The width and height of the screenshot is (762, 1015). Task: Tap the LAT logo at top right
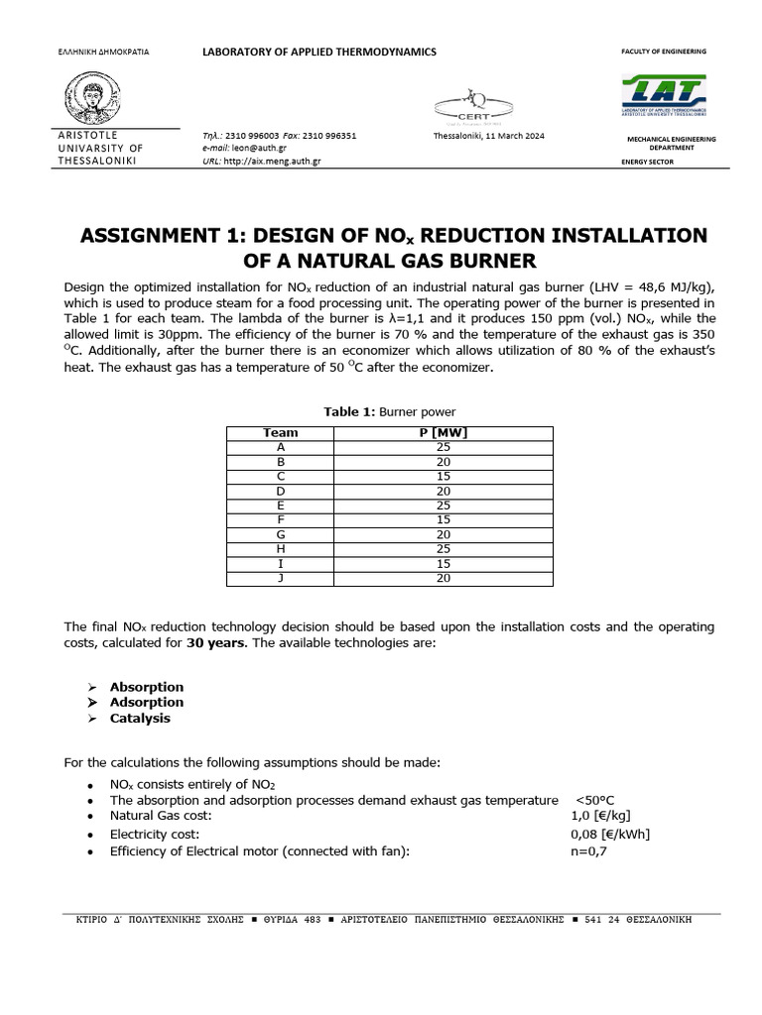pyautogui.click(x=664, y=97)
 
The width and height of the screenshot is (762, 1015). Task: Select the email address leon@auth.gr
pyautogui.click(x=260, y=148)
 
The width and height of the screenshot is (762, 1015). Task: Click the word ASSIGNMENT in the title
pyautogui.click(x=157, y=236)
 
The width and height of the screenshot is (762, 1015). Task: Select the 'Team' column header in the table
pyautogui.click(x=281, y=432)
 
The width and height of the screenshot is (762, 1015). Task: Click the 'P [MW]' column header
pyautogui.click(x=444, y=432)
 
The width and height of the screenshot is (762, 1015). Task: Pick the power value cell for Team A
pyautogui.click(x=444, y=447)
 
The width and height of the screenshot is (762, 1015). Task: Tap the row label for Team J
pyautogui.click(x=281, y=578)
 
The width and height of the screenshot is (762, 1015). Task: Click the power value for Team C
pyautogui.click(x=444, y=476)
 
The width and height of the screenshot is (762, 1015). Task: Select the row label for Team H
pyautogui.click(x=281, y=549)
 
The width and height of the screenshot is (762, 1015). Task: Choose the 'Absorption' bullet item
pyautogui.click(x=147, y=687)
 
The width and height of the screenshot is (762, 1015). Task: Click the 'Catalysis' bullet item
pyautogui.click(x=140, y=719)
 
